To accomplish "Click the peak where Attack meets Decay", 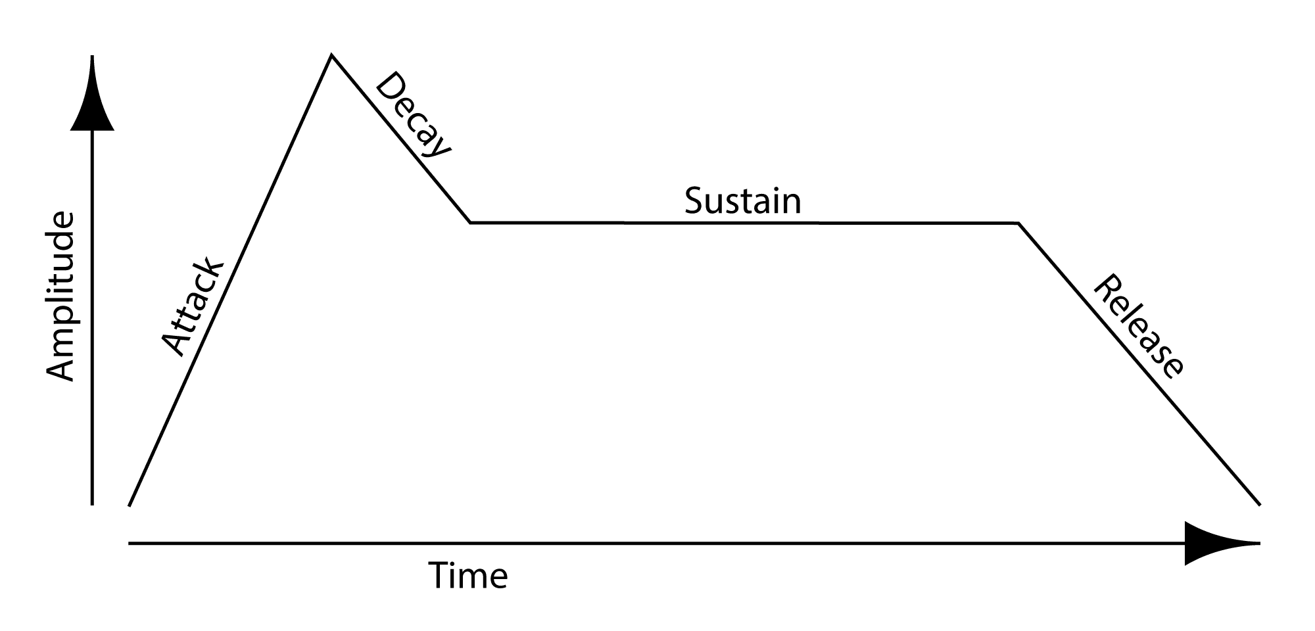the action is [x=332, y=55].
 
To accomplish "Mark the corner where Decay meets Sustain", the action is [x=470, y=223].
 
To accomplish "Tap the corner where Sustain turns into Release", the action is [x=1018, y=223].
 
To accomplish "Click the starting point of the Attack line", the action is [x=130, y=505].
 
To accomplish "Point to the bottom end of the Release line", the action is [x=1260, y=505].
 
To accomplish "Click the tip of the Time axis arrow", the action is [x=1260, y=544].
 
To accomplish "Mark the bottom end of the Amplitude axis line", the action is [x=92, y=505].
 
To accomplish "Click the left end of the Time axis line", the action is [x=130, y=544].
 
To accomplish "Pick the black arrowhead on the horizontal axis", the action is [x=1222, y=544].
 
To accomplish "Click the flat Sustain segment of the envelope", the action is [x=744, y=223].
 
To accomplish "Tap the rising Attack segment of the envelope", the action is [x=231, y=281].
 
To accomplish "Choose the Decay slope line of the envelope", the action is [x=401, y=139].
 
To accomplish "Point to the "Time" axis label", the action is [x=468, y=575].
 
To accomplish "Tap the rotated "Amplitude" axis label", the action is [x=61, y=296].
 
